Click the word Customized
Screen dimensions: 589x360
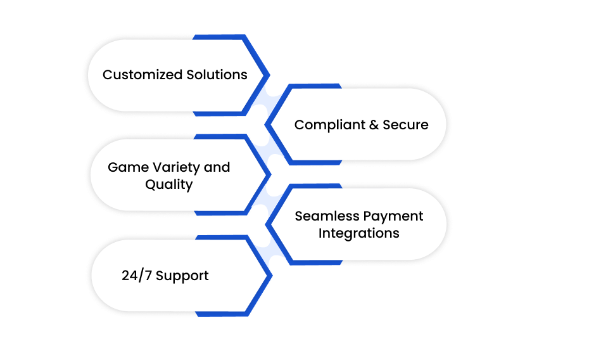tap(142, 75)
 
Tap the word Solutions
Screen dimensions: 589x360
tap(217, 75)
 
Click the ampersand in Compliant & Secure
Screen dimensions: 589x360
tap(374, 125)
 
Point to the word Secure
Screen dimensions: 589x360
tap(405, 125)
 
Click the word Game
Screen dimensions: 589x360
tap(128, 167)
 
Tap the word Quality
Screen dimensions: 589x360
tap(169, 184)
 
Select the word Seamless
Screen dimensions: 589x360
tap(327, 216)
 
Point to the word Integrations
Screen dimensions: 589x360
tap(358, 233)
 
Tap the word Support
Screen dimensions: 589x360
tap(182, 276)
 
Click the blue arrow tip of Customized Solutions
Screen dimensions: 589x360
tap(269, 75)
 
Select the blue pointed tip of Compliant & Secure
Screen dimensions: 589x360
tap(266, 125)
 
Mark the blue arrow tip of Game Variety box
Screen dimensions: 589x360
tap(270, 175)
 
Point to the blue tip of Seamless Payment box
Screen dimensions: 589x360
tap(267, 225)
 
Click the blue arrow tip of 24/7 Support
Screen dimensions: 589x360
tap(272, 276)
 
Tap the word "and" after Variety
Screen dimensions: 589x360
tap(217, 167)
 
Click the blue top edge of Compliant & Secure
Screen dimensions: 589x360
tap(315, 86)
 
